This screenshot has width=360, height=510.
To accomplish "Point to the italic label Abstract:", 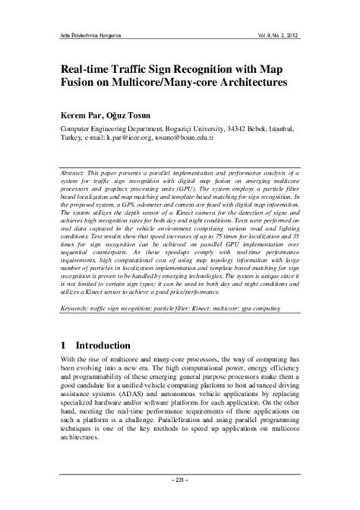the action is click(x=77, y=173).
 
